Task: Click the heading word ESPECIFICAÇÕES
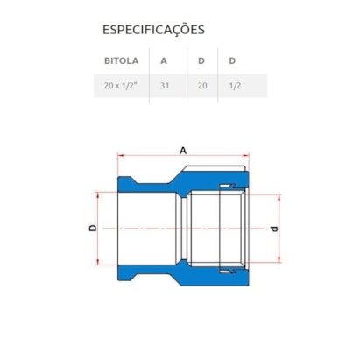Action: [x=153, y=30]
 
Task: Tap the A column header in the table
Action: [x=164, y=61]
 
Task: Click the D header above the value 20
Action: [x=201, y=61]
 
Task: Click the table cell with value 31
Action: [x=165, y=86]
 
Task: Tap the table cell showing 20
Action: [x=202, y=86]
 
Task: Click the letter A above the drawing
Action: [x=183, y=150]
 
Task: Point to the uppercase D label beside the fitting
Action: [x=93, y=228]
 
